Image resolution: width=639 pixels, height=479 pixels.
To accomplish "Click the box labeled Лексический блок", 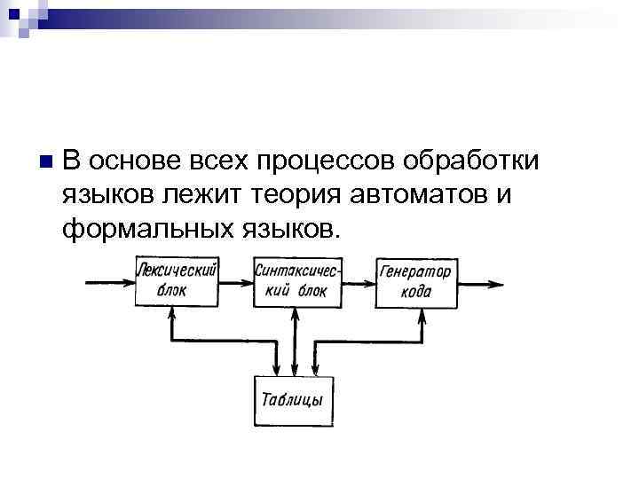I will point(177,281).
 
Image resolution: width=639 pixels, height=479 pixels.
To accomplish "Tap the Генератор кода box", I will point(415,283).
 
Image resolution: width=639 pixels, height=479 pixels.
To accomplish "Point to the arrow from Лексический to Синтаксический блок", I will point(237,283).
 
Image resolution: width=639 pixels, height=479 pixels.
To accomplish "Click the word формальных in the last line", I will point(146,228).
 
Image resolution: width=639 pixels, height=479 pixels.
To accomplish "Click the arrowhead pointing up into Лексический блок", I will point(170,313).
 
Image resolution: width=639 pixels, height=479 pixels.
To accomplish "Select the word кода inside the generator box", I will point(416,293).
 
